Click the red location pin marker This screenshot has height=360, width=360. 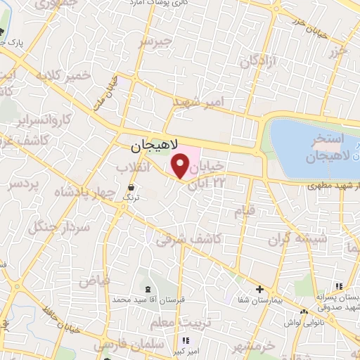[180, 166]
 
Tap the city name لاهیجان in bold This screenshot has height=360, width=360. [155, 146]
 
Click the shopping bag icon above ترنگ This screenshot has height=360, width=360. [131, 187]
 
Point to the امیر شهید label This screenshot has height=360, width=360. [219, 102]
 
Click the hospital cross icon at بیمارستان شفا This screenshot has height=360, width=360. [259, 288]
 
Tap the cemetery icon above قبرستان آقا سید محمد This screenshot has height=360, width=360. [147, 288]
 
